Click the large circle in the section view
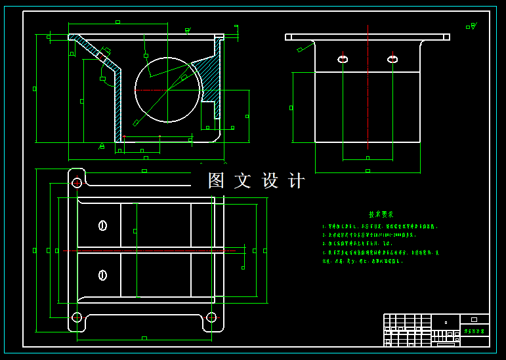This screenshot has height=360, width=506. (x=168, y=89)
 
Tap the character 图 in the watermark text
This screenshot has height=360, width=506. (x=217, y=181)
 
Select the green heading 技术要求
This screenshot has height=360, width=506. (x=381, y=214)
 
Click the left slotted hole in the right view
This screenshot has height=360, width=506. (x=343, y=60)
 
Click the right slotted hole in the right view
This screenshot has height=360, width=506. (x=392, y=60)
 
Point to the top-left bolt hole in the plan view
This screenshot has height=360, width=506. (x=77, y=182)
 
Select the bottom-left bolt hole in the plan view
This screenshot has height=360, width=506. (x=77, y=317)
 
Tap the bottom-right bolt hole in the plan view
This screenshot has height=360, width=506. (x=211, y=317)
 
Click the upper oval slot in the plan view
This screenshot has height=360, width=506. (x=102, y=226)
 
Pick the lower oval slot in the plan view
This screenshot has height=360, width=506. (x=102, y=275)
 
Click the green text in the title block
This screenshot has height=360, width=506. (x=474, y=332)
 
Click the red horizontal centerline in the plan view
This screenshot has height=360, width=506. (x=151, y=250)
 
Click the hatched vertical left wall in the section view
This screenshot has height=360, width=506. (x=118, y=105)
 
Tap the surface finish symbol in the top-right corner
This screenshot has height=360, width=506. (x=471, y=27)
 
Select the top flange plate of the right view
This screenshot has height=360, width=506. (x=368, y=37)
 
